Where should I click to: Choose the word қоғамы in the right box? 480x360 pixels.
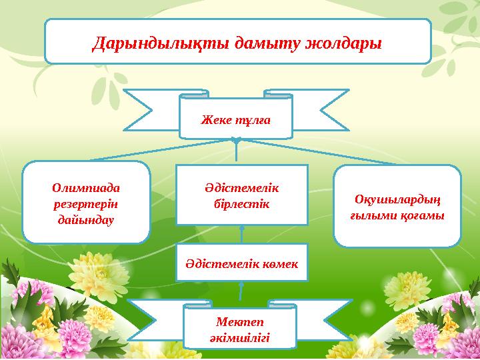point(420,217)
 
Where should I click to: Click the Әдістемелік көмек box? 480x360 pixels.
point(241,261)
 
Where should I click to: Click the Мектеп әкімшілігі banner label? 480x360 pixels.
point(241,329)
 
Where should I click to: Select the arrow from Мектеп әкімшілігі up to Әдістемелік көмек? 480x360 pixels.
point(241,291)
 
